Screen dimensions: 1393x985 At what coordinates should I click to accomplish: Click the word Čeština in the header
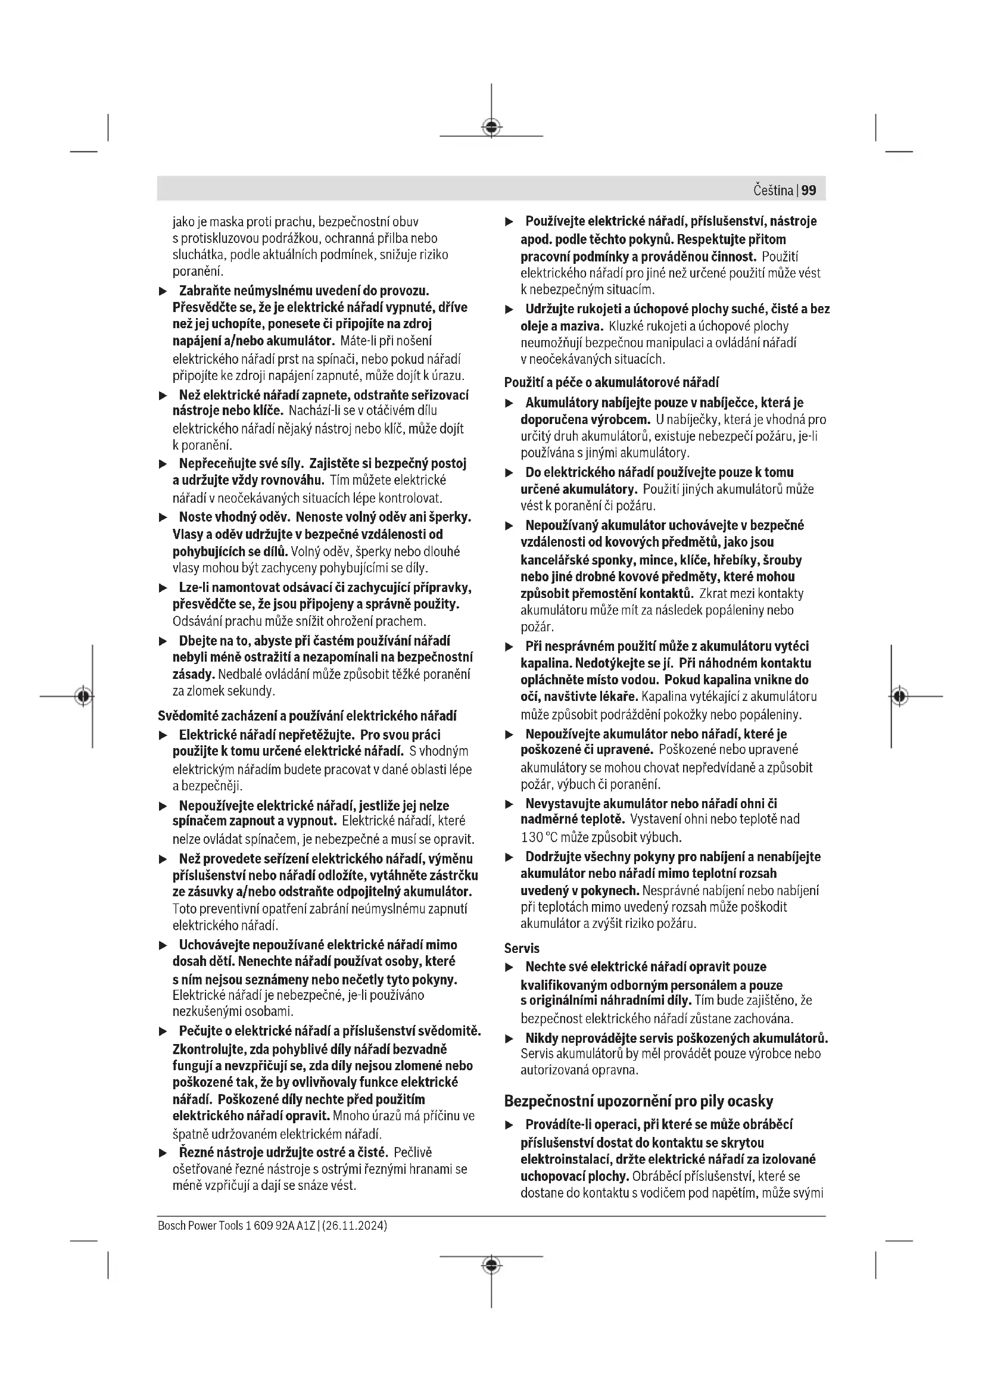click(774, 191)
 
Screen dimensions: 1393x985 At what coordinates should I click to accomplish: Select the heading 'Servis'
click(522, 948)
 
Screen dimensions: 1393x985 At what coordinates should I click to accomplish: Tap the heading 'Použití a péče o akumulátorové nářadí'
click(612, 382)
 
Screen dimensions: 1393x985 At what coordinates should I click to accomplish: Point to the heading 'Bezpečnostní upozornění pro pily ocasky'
click(638, 1101)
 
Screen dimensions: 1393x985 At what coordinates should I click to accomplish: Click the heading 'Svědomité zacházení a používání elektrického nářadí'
click(307, 716)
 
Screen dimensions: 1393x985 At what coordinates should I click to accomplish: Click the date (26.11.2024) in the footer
click(356, 1226)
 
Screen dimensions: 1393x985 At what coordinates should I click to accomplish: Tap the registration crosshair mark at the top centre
click(491, 127)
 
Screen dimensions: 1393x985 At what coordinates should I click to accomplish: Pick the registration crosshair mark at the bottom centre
click(491, 1266)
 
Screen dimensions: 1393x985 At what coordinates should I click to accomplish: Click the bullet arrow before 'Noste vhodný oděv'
click(163, 518)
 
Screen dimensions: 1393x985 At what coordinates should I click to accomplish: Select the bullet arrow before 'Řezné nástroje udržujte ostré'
click(163, 1153)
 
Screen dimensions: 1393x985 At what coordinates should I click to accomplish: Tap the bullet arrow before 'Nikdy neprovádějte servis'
click(510, 1039)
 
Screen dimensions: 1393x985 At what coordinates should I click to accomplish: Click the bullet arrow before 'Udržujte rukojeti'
click(510, 310)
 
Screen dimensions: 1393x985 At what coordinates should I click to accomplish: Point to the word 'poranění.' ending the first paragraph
click(198, 271)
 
